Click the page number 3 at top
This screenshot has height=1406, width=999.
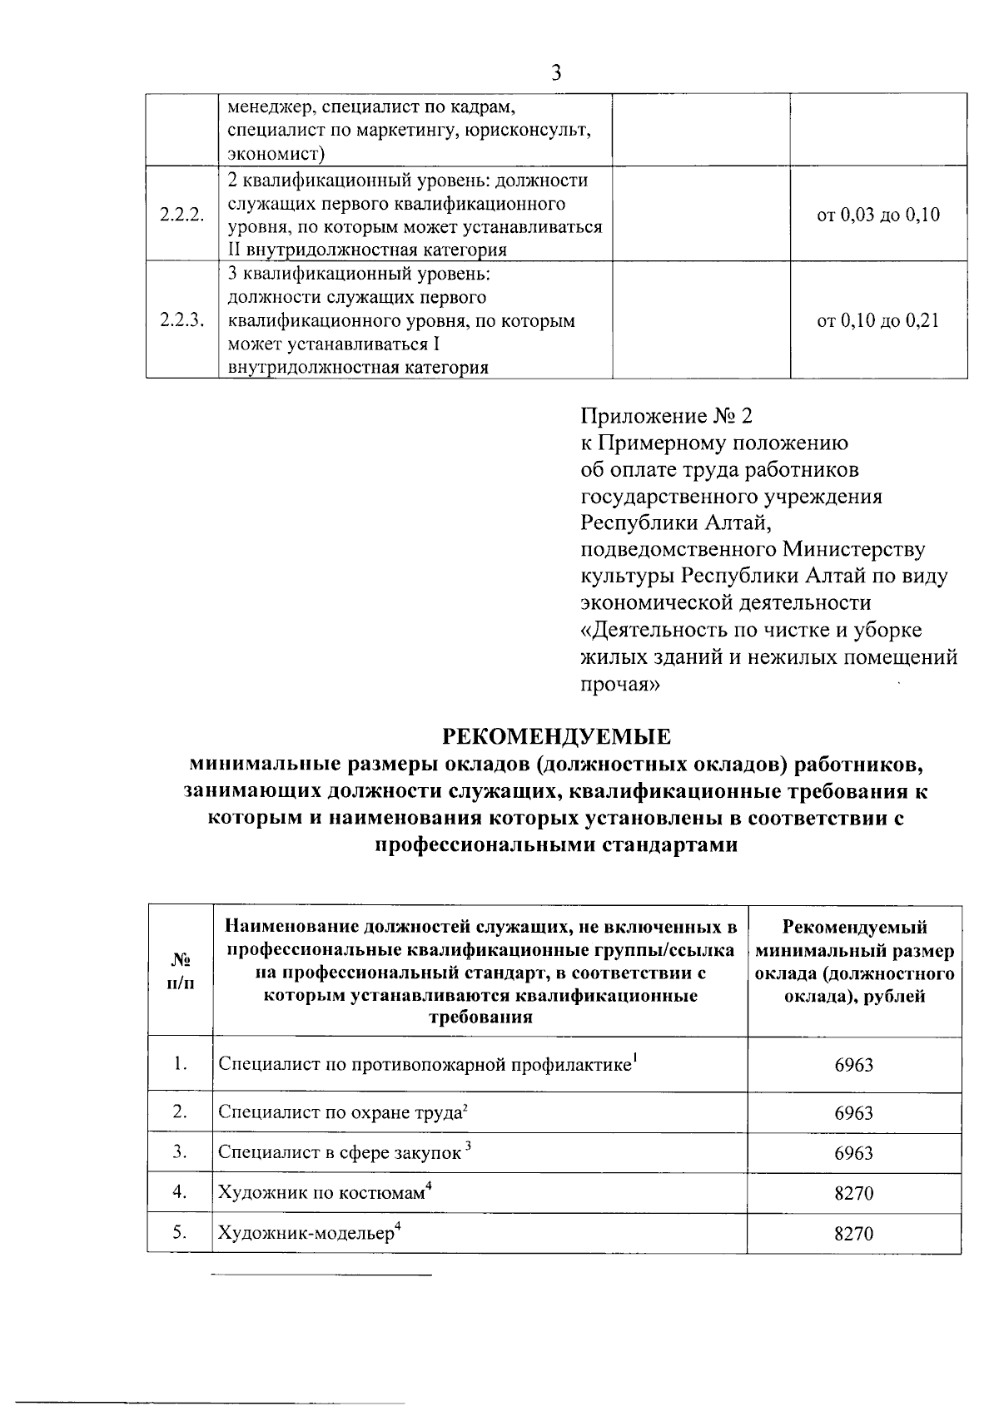tap(557, 73)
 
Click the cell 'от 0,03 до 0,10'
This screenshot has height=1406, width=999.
tap(878, 215)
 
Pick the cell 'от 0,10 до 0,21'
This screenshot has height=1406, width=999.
tap(878, 320)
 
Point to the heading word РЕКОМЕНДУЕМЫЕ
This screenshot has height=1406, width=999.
tap(556, 737)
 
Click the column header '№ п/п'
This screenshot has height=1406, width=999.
tap(180, 971)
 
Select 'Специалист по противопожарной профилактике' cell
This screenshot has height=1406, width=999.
tap(428, 1064)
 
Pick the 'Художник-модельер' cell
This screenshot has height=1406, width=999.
tap(310, 1232)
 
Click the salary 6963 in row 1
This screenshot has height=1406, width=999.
tap(854, 1065)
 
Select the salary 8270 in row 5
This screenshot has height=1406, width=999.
tap(854, 1233)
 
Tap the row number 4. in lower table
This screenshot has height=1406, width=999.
tap(180, 1192)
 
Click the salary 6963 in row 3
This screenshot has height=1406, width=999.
tap(854, 1153)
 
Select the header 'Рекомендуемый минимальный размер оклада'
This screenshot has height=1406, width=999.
tap(855, 962)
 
